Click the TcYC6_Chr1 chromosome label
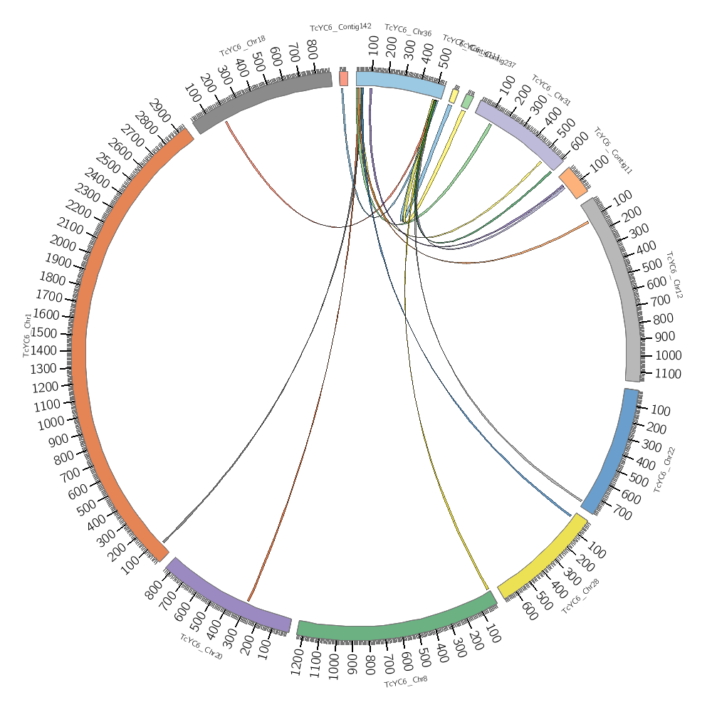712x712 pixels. pyautogui.click(x=27, y=334)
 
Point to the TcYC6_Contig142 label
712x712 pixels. pyautogui.click(x=340, y=27)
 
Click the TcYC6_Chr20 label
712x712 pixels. pyautogui.click(x=201, y=646)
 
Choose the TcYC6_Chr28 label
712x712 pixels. pyautogui.click(x=580, y=597)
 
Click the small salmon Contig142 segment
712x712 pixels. pyautogui.click(x=344, y=78)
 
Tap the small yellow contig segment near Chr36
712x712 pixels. pyautogui.click(x=454, y=95)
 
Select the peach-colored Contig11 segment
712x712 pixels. pyautogui.click(x=573, y=183)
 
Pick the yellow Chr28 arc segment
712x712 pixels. pyautogui.click(x=543, y=555)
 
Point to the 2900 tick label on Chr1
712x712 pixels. pyautogui.click(x=161, y=114)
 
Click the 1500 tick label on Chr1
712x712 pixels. pyautogui.click(x=45, y=333)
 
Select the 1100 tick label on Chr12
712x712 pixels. pyautogui.click(x=667, y=374)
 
